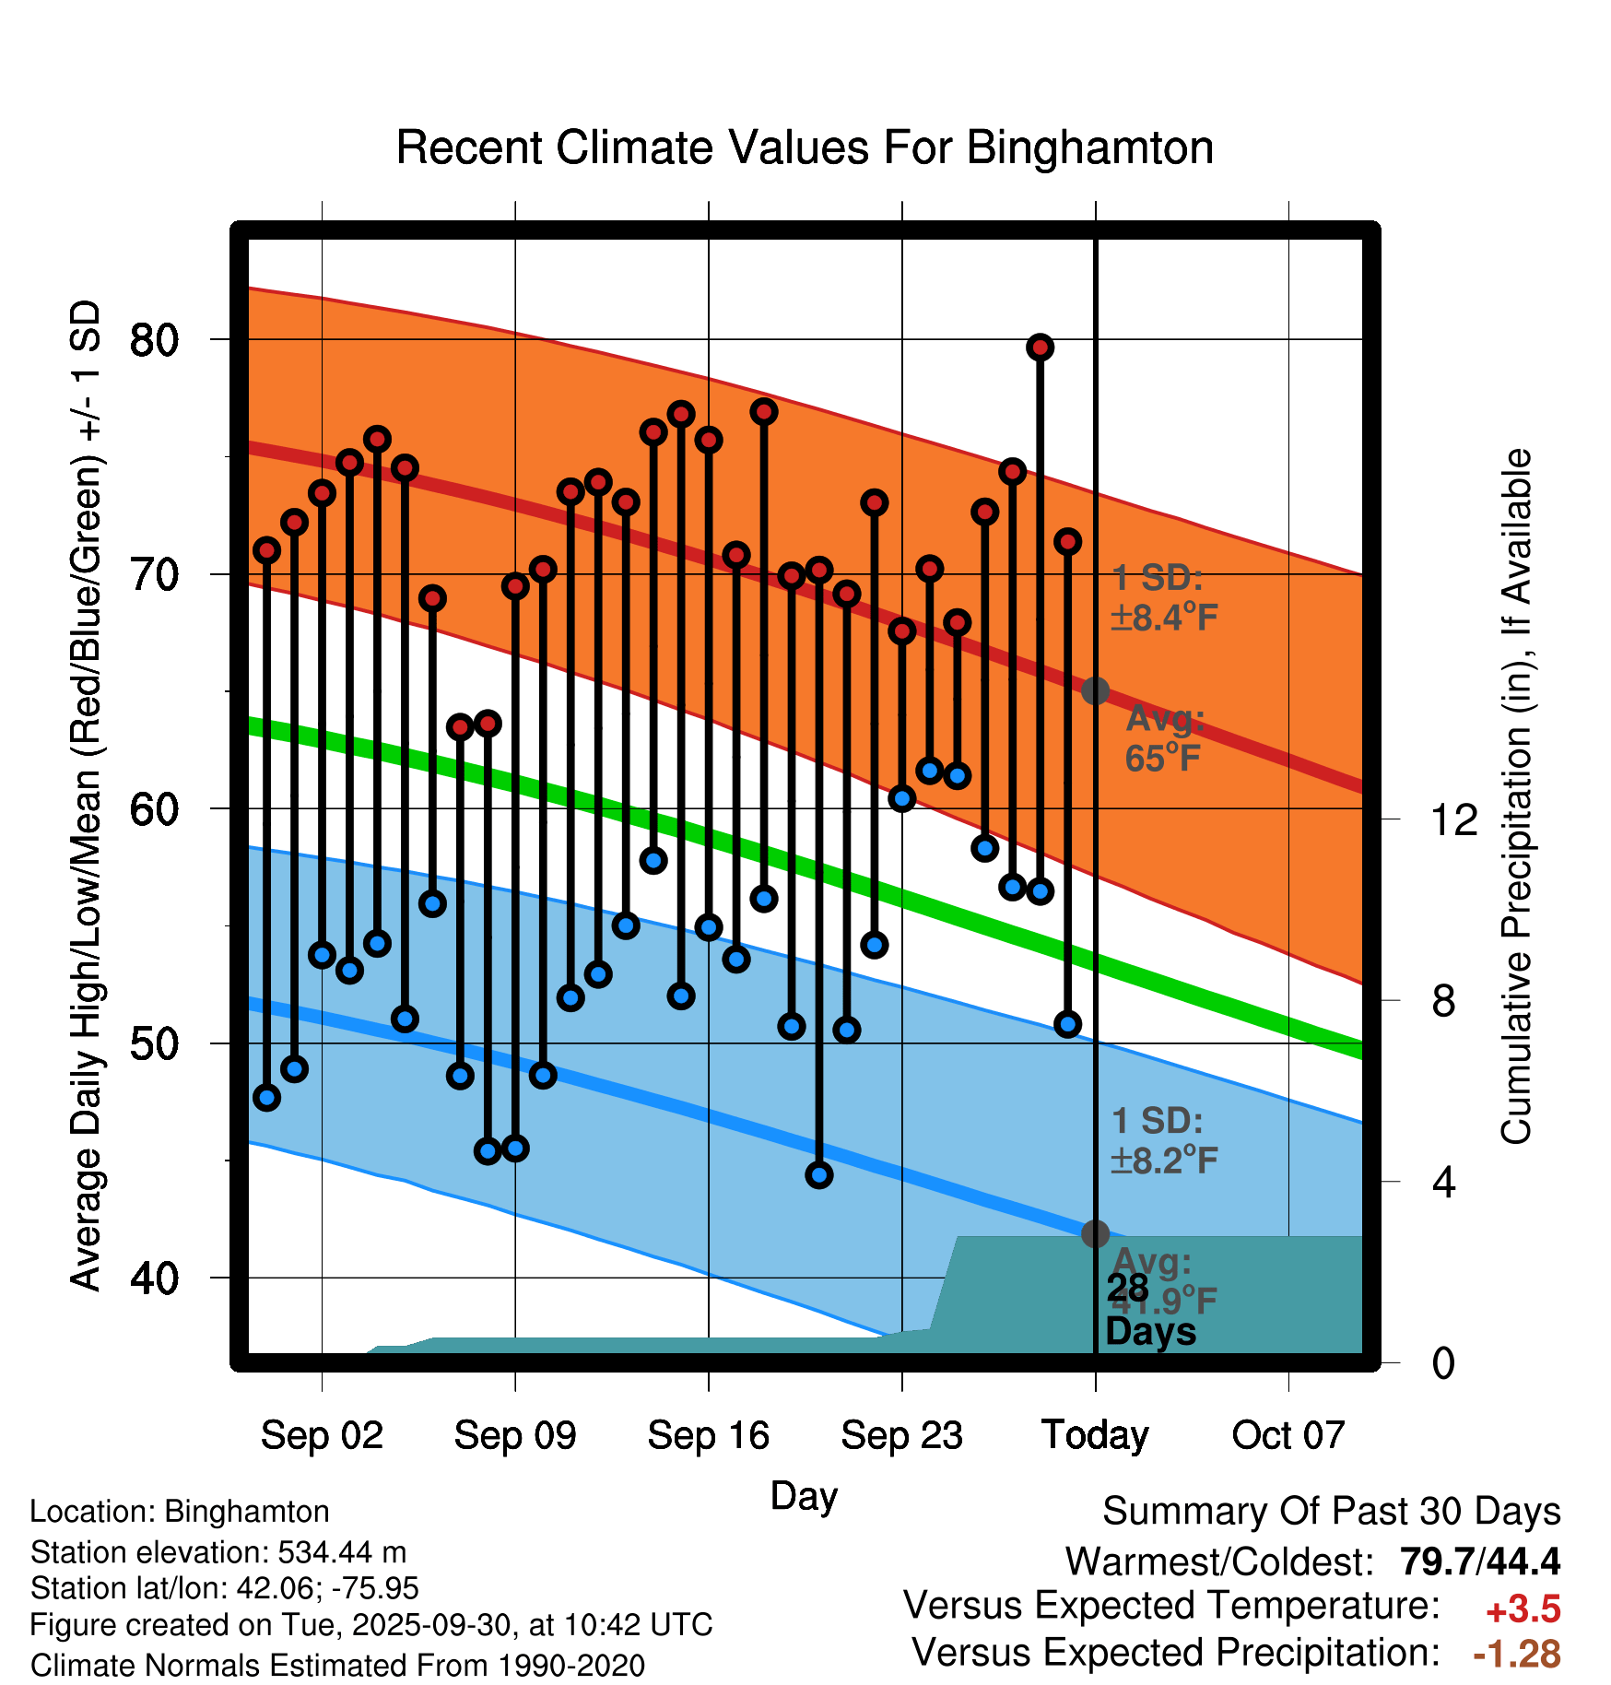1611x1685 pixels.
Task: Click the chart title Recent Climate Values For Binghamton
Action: (805, 147)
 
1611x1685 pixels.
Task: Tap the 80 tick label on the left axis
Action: (154, 340)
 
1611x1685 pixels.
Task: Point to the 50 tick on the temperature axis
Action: (154, 1043)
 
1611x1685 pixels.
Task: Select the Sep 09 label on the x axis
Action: (514, 1435)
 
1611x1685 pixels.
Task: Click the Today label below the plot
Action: (1095, 1435)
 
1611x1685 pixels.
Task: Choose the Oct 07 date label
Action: (1288, 1435)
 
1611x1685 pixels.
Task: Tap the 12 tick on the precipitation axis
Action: (1453, 819)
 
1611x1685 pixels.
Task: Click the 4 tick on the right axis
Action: (1443, 1182)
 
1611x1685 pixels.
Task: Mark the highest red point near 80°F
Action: (1040, 348)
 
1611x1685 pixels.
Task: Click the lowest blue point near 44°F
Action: (819, 1174)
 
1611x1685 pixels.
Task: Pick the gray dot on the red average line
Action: (1095, 690)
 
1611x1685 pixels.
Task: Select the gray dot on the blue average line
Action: (1095, 1233)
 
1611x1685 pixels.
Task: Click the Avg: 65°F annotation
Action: (1165, 738)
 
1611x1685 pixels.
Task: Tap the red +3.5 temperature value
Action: (1523, 1609)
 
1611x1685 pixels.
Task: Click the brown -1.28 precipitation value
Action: (1517, 1654)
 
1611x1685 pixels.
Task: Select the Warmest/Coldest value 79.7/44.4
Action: (1480, 1561)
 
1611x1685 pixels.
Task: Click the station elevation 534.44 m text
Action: (218, 1552)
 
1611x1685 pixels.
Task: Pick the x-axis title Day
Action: (804, 1495)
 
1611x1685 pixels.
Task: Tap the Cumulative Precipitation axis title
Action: (1515, 796)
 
